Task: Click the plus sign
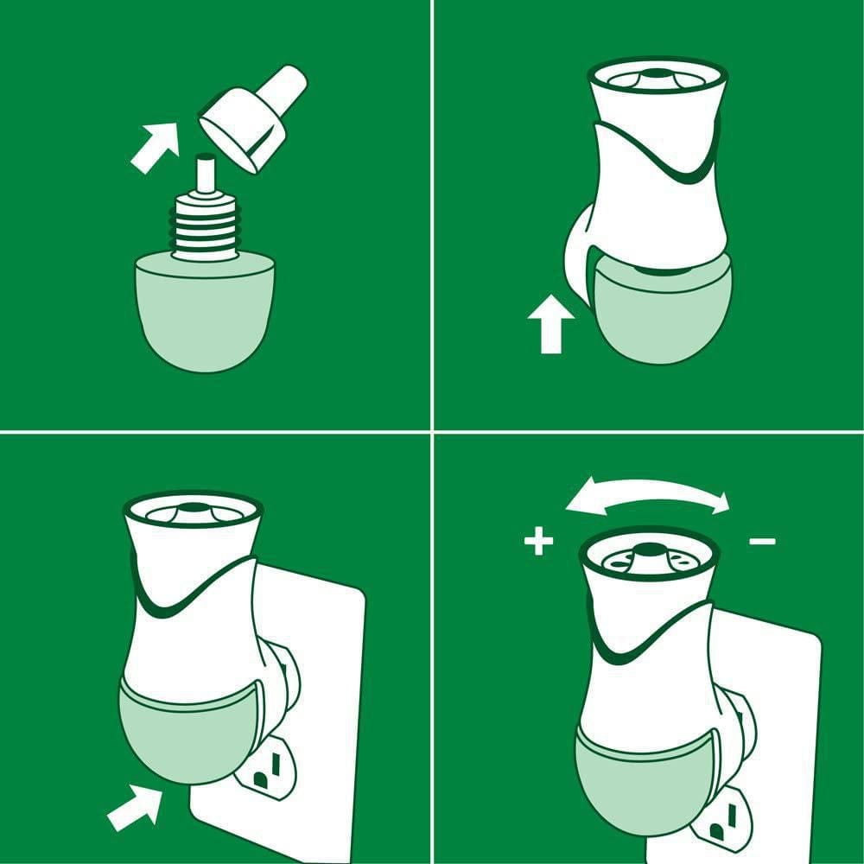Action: click(537, 543)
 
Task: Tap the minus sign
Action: click(762, 542)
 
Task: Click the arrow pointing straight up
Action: click(550, 323)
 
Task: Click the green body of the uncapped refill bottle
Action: click(205, 311)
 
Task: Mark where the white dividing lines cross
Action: click(432, 430)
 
